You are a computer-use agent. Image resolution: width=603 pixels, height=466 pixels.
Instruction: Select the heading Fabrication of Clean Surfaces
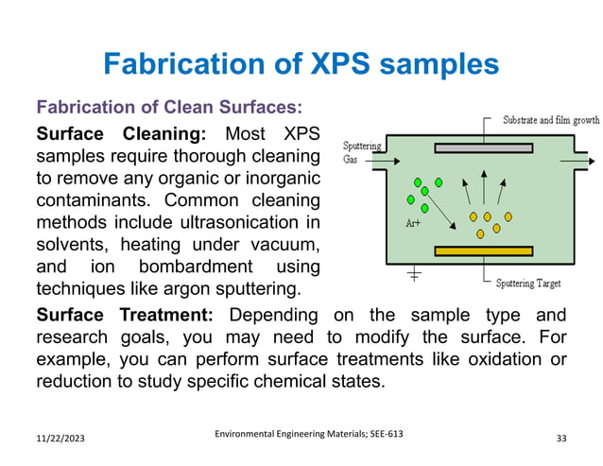[168, 106]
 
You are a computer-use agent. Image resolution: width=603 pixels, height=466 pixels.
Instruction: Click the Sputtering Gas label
[361, 152]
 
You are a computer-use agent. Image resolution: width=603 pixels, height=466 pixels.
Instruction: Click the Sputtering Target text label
[541, 282]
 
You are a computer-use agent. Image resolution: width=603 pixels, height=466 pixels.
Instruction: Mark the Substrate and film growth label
[550, 121]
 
